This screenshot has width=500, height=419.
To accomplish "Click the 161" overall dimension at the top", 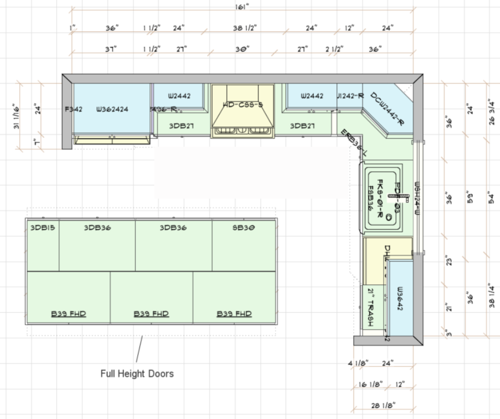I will click(243, 7).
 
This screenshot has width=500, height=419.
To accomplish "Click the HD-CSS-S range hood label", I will click(243, 105).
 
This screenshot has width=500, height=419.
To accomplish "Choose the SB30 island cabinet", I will click(244, 228).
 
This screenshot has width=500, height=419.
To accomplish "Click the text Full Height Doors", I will click(137, 374).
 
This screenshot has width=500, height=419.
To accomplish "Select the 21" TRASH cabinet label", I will click(372, 307).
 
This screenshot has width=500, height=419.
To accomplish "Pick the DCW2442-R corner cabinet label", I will click(387, 108).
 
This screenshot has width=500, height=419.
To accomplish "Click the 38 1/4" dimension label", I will click(490, 296).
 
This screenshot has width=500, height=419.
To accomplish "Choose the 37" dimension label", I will click(111, 49).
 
